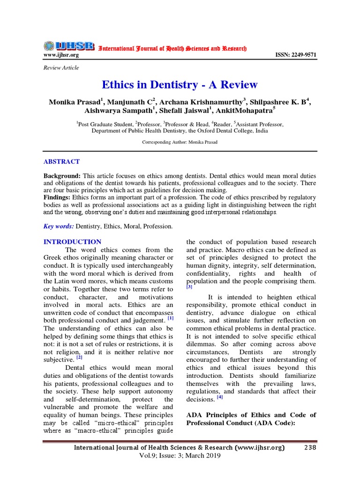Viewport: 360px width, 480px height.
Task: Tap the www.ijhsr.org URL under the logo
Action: coord(61,55)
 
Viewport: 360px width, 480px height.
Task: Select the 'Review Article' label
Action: coord(61,68)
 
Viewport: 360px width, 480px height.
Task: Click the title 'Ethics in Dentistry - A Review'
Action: coord(180,84)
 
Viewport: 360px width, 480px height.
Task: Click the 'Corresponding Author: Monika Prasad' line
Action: coord(180,142)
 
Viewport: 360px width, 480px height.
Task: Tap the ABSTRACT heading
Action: coord(61,161)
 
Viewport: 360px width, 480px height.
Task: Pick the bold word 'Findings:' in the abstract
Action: coord(58,197)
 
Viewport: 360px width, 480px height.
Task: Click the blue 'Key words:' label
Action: coord(59,226)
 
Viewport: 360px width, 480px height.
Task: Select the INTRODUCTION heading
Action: coord(72,242)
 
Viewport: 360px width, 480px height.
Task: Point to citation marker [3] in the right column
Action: coord(189,286)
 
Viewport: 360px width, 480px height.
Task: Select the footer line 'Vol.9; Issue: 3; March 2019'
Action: coord(180,456)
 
